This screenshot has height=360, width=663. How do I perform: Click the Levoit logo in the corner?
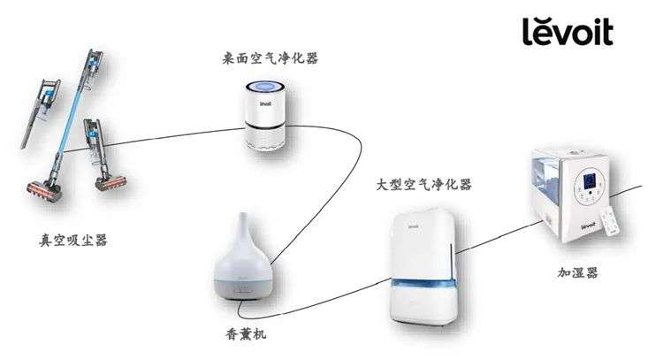pos(568,31)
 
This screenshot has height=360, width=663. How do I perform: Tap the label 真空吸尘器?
pos(72,241)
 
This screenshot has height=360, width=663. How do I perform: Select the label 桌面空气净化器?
pos(271,58)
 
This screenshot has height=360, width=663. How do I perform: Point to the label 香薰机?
pos(246,334)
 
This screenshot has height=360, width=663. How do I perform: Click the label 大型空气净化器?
pos(423,185)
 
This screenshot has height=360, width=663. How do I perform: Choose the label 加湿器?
pos(577,272)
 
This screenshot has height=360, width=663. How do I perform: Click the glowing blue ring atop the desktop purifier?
pos(264,88)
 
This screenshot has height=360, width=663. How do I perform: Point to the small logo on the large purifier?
pos(413,226)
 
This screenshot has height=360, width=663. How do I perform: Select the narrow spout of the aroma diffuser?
pos(243,226)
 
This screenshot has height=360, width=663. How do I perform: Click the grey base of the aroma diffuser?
pos(243,289)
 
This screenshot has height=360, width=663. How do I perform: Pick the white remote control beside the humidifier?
pos(610,221)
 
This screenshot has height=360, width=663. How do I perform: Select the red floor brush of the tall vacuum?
pos(44,192)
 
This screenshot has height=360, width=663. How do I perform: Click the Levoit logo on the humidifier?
pos(588,226)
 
